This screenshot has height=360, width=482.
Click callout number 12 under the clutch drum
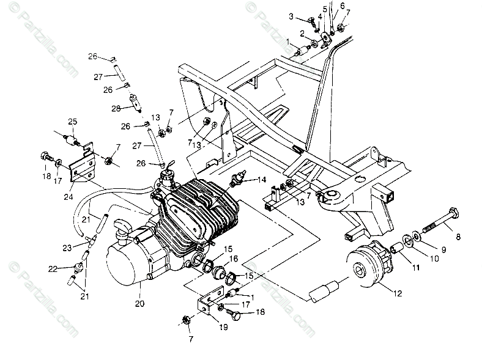pos(398,294)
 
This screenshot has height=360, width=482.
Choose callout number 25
pos(72,122)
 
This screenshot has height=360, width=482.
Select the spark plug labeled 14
pos(236,182)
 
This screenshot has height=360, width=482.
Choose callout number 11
pos(417,266)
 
